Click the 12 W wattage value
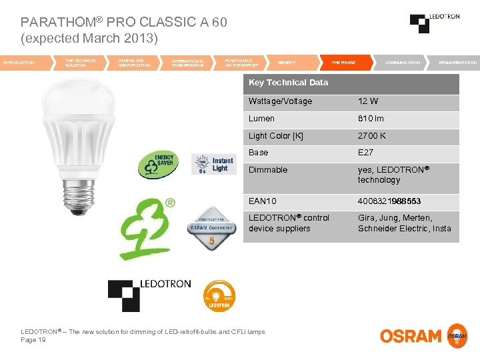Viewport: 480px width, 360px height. coord(368,101)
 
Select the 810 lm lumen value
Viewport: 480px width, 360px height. coord(371,119)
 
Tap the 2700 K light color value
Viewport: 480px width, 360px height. coord(371,136)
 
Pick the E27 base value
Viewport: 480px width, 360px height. coord(365,153)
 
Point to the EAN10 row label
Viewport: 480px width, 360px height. coord(262,201)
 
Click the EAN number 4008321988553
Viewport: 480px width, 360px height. coord(389,201)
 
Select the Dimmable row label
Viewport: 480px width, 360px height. coord(268,170)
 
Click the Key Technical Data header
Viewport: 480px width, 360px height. coord(288,83)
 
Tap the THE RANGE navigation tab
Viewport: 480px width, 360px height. coord(343,63)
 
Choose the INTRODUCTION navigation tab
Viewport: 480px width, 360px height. coord(20,63)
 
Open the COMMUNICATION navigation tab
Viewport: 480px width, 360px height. coord(402,63)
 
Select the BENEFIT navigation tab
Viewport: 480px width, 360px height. coord(287,63)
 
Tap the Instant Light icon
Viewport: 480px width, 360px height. coord(213,164)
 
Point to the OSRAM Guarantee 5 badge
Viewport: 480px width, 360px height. coord(213,229)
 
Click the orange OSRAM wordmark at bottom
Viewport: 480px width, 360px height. coord(411,336)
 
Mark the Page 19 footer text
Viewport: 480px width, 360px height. coord(33,340)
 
